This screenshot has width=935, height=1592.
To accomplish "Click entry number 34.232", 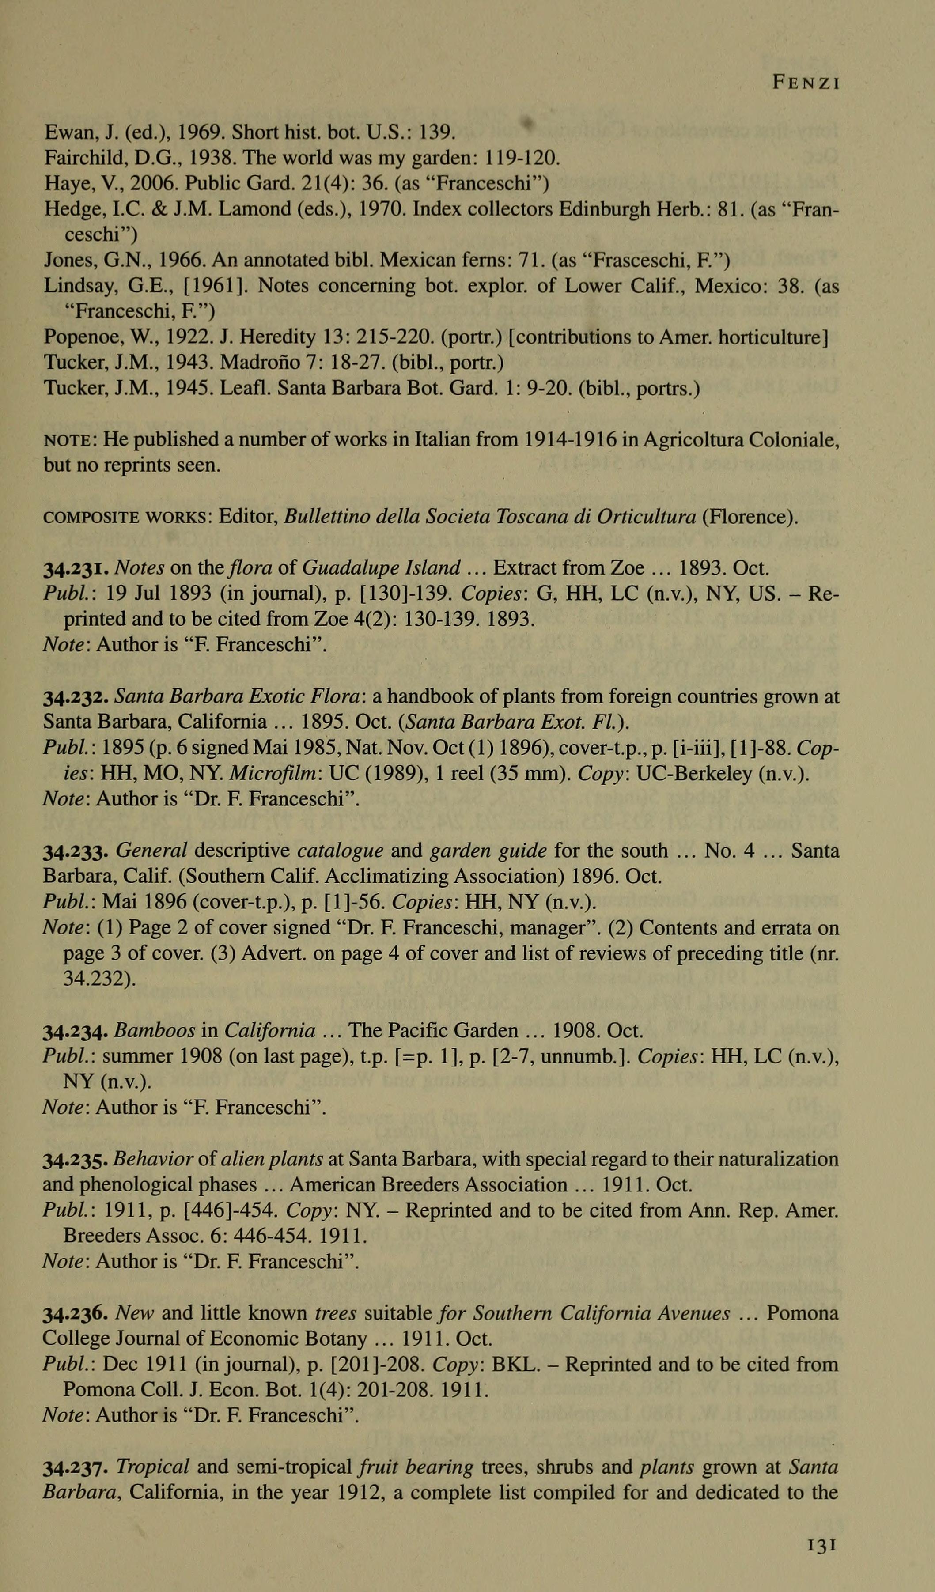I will [78, 697].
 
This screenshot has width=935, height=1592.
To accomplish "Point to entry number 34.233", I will [78, 851].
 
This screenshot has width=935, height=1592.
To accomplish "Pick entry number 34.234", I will [78, 1032].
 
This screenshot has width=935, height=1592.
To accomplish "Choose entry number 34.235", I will [78, 1161].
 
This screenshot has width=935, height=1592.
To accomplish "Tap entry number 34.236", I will [78, 1315].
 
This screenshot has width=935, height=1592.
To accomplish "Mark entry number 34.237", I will [78, 1469].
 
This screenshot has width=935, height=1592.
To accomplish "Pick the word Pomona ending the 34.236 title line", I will [803, 1314].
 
